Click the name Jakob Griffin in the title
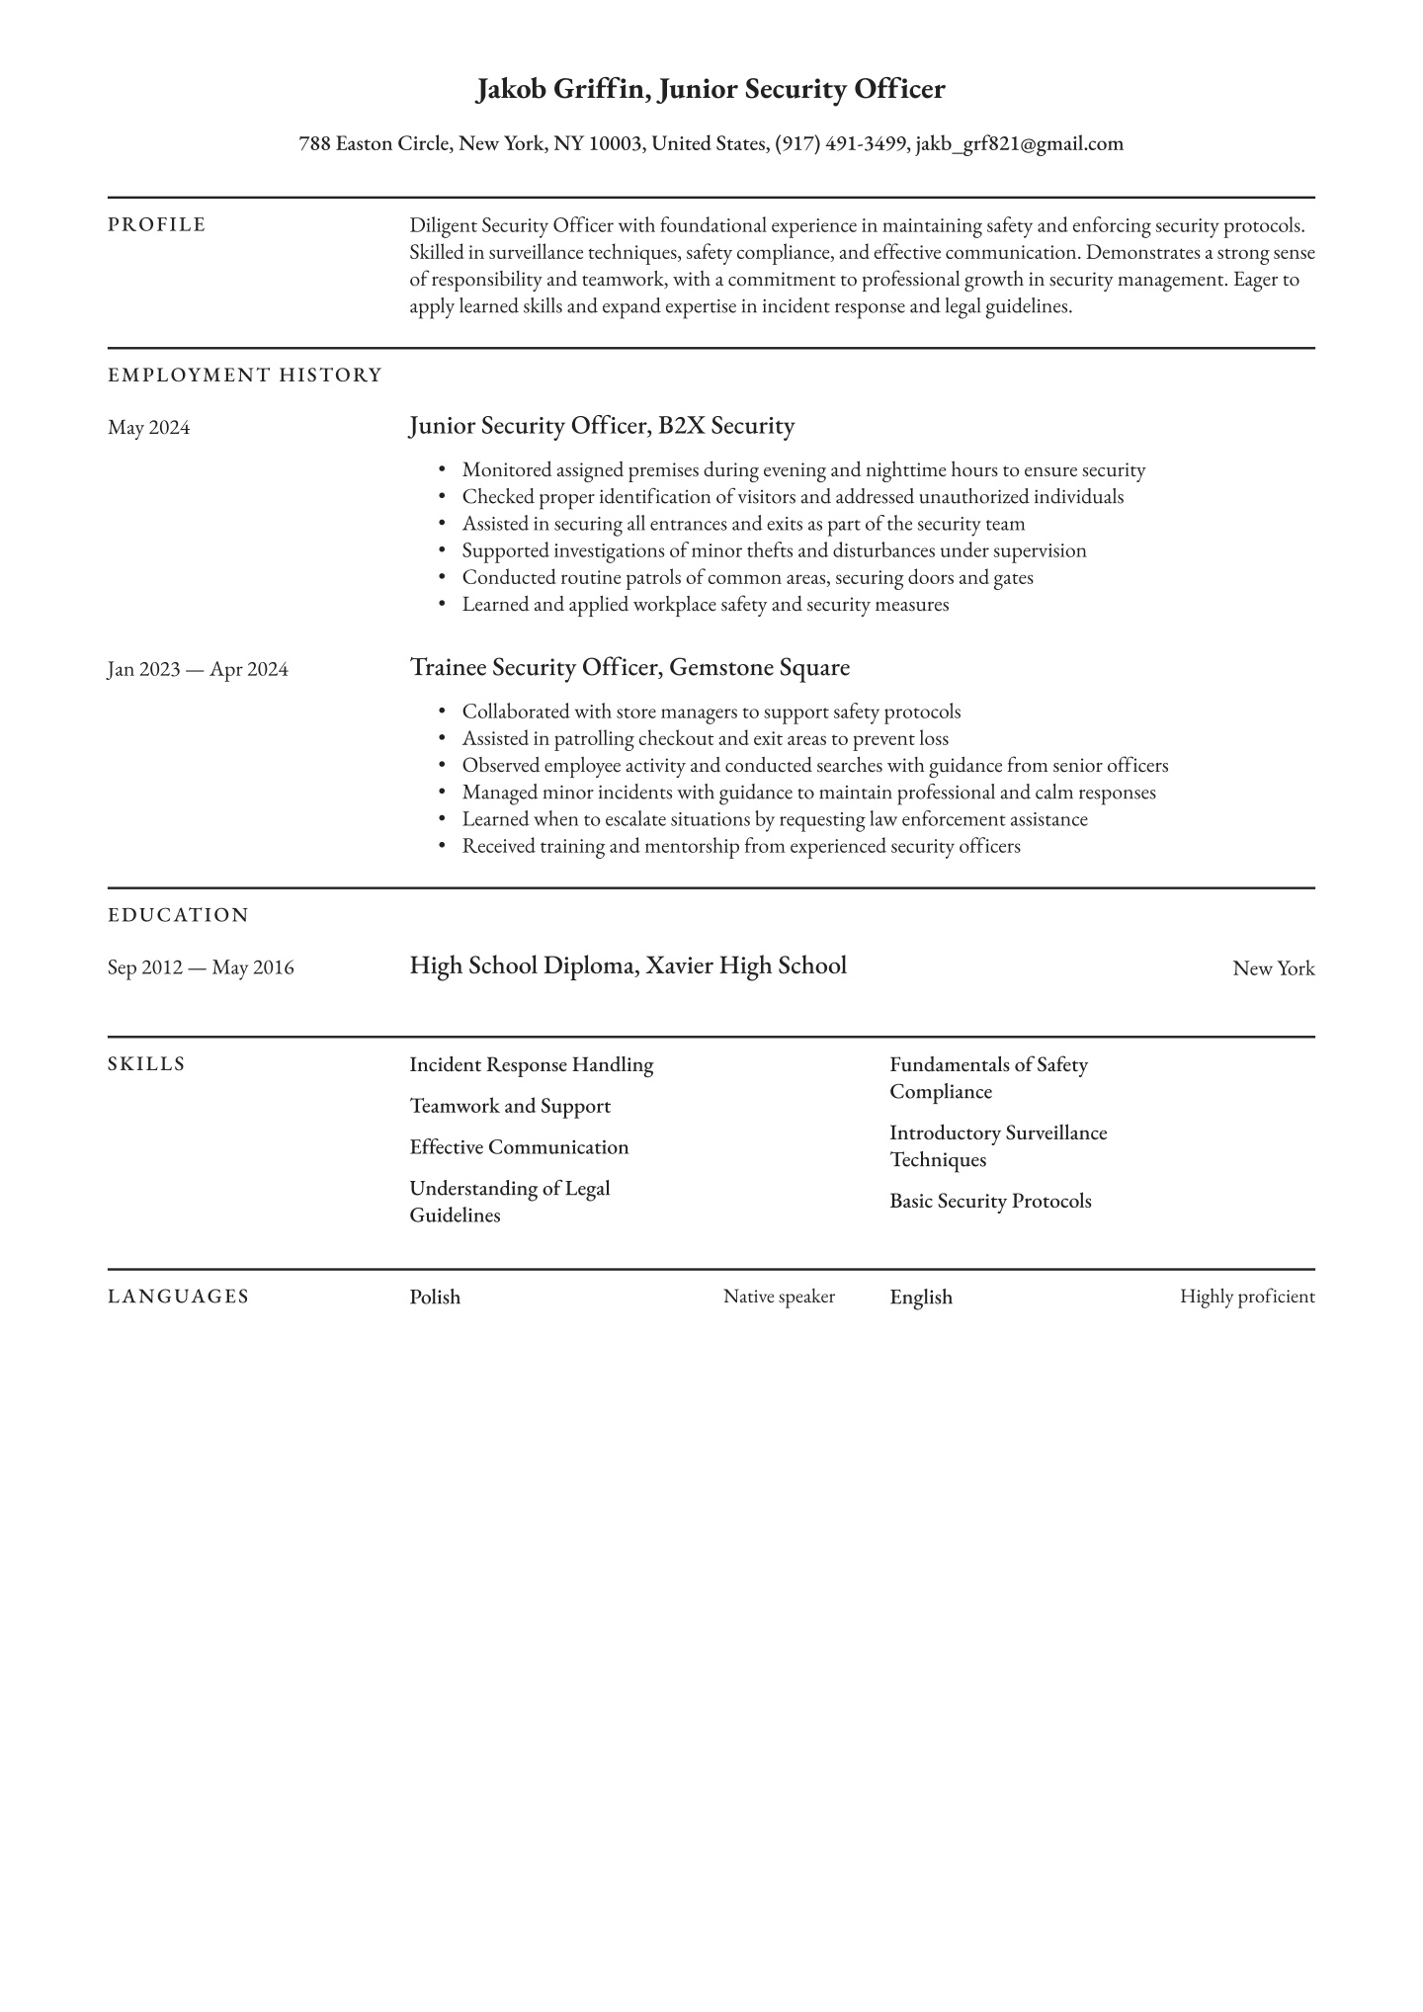(561, 90)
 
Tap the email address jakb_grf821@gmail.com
(1020, 144)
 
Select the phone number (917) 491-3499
(840, 144)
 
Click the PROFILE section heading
(157, 225)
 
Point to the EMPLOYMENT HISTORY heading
(245, 376)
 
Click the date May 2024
(149, 428)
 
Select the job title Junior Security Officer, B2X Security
(602, 426)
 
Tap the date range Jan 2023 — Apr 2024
(198, 670)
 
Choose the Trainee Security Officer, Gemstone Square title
(629, 668)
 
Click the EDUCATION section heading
(179, 915)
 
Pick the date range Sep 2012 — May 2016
(201, 967)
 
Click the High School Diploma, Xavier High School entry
(628, 965)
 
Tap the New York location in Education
(1273, 968)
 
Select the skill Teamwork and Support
(510, 1107)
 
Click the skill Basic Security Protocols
(990, 1202)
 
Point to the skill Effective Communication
(519, 1147)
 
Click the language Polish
(435, 1298)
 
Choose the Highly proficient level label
(1247, 1297)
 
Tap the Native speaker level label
(779, 1297)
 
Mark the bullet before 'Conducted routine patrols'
(442, 578)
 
